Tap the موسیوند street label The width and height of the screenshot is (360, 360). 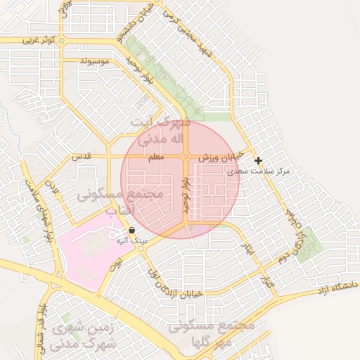click(94, 62)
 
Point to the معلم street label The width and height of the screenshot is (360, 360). click(156, 158)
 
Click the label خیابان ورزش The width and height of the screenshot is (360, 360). click(219, 157)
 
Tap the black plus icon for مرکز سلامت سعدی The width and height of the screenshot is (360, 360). click(259, 160)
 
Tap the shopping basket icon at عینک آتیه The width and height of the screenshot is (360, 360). click(131, 230)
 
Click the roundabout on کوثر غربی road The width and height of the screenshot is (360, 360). click(62, 41)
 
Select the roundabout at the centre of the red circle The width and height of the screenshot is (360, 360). click(186, 157)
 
